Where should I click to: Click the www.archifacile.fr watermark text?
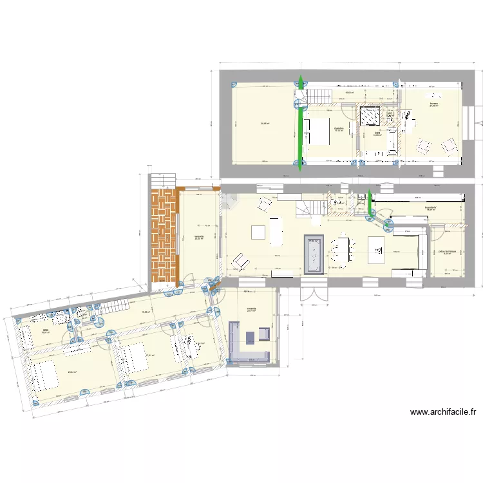coord(442,412)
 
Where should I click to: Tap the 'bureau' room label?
coord(434,104)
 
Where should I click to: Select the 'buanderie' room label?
coord(431,208)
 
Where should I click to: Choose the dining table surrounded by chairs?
coord(341,249)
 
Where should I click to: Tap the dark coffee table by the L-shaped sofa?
coord(250,337)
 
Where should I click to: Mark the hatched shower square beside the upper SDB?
coord(369,116)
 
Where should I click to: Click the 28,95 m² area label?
coord(265,124)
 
